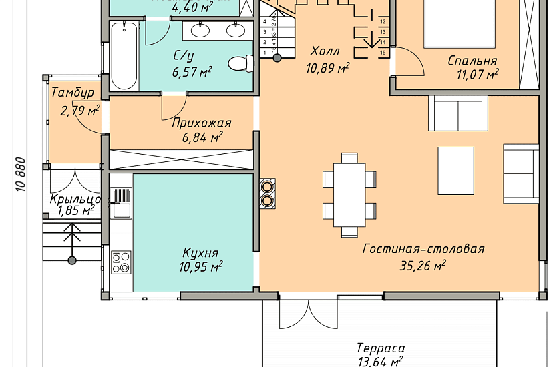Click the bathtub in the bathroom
[124, 56]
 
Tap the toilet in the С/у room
[240, 64]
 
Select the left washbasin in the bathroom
[201, 30]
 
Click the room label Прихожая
[201, 123]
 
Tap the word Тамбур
[72, 93]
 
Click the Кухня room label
[200, 254]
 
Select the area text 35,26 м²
[423, 266]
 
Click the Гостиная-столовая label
[423, 249]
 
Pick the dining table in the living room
[349, 194]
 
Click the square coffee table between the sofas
[455, 171]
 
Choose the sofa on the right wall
[521, 173]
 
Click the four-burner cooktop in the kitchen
[121, 262]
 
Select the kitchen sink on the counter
[121, 203]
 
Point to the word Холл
[325, 51]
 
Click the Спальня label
[472, 61]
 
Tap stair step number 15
[383, 51]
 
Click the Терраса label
[380, 348]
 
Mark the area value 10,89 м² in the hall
[328, 67]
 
